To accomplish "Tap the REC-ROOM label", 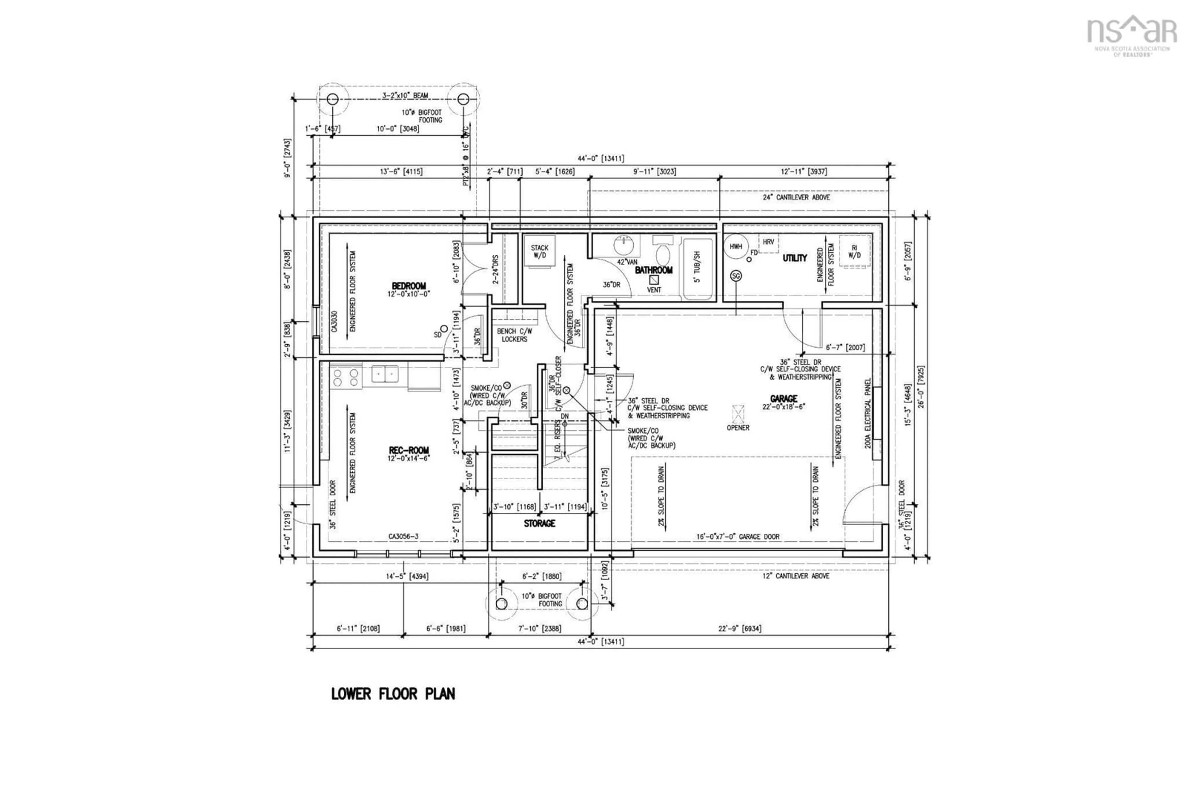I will (x=409, y=450).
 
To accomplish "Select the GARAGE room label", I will (x=784, y=398).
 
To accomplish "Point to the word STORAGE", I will (x=539, y=523).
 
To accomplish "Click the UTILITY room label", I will (x=795, y=258).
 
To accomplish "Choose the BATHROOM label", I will (x=654, y=270).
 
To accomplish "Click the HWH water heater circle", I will (x=736, y=247).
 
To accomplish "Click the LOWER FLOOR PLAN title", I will (x=393, y=694).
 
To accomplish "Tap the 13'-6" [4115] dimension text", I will (x=401, y=171).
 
